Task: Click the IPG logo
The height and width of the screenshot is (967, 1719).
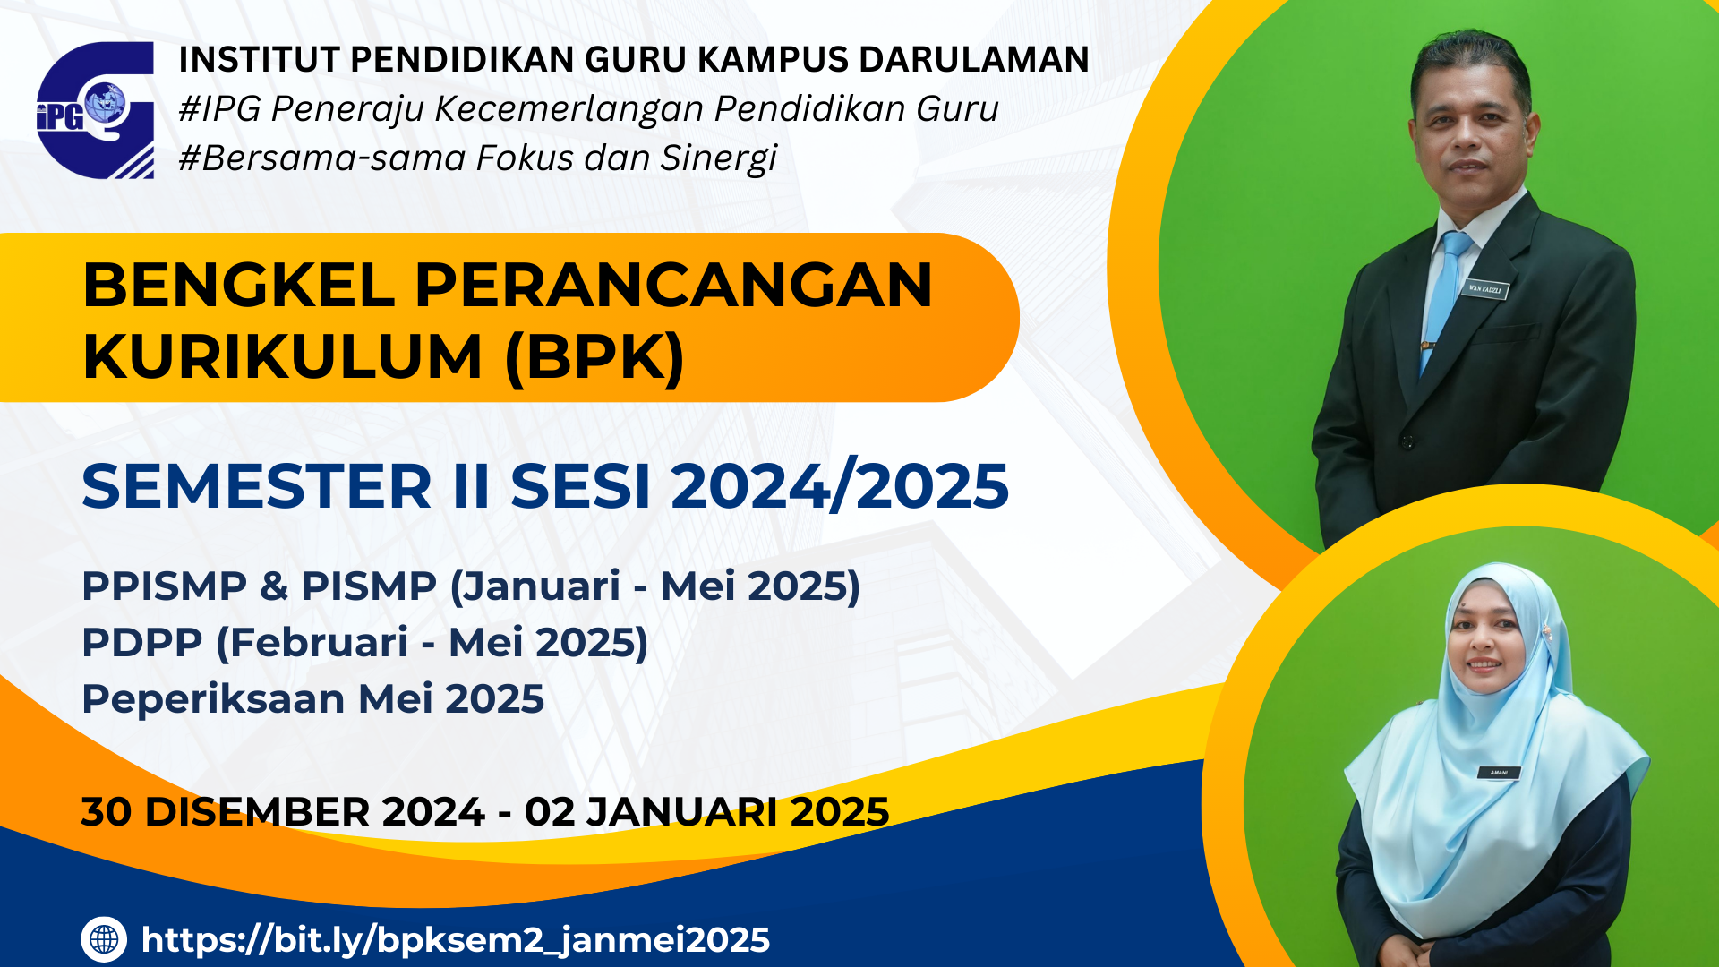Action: [95, 109]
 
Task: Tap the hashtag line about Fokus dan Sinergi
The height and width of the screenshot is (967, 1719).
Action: [478, 158]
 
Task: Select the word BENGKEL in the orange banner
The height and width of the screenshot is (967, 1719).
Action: [239, 286]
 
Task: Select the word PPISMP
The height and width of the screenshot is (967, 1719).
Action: [164, 586]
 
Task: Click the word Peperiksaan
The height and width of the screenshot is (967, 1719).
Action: [213, 699]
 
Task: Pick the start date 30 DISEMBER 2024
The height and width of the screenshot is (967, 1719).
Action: [283, 812]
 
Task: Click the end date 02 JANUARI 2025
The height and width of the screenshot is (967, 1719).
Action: [707, 812]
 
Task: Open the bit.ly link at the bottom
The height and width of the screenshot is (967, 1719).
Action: [456, 940]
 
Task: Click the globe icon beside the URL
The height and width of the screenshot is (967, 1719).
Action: [104, 939]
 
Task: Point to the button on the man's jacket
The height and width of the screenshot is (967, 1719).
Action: [1408, 441]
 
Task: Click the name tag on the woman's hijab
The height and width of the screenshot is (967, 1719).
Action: [1499, 772]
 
